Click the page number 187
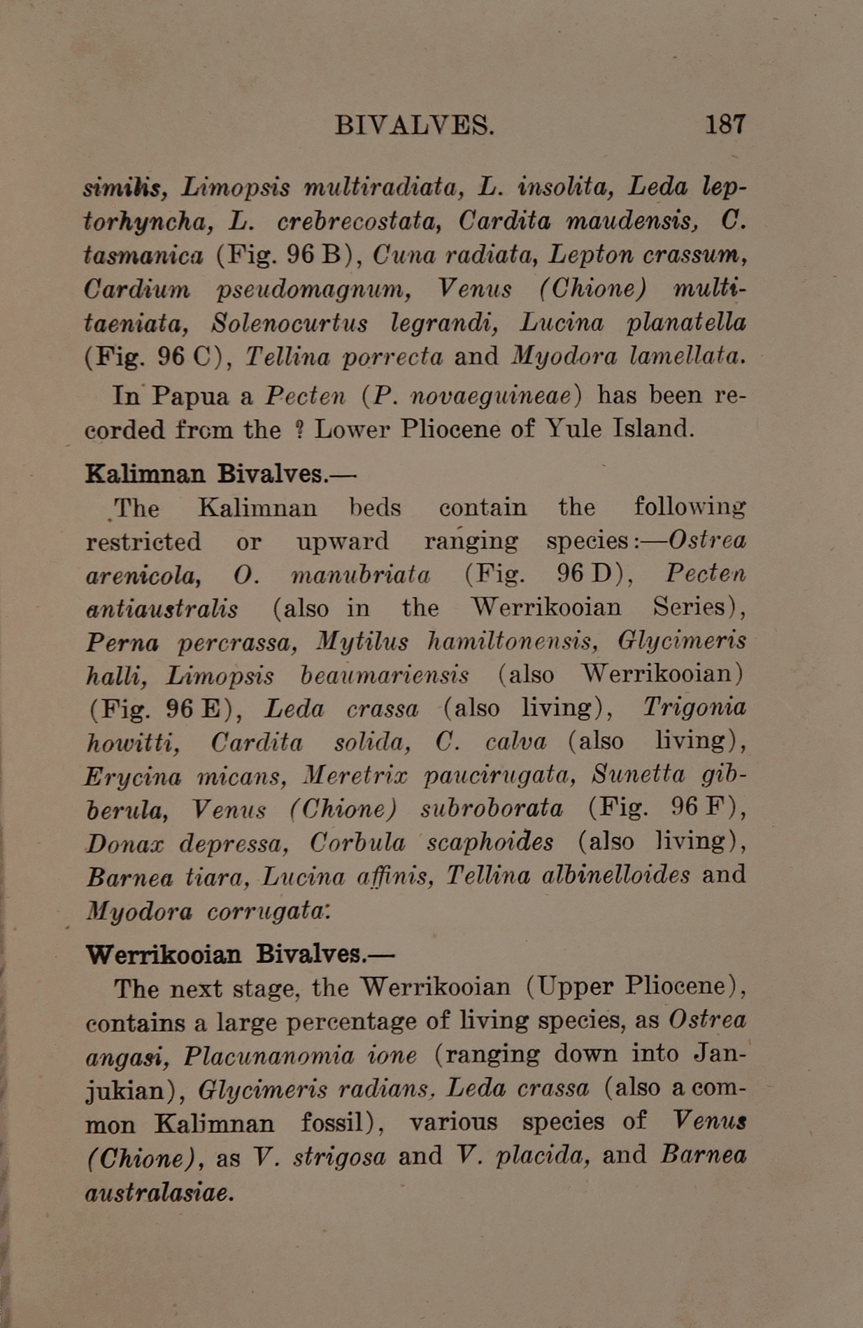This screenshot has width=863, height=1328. pyautogui.click(x=725, y=124)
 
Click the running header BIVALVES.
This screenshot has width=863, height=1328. pyautogui.click(x=414, y=125)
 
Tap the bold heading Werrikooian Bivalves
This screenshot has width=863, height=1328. pyautogui.click(x=240, y=953)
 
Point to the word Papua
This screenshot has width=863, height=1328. pyautogui.click(x=190, y=396)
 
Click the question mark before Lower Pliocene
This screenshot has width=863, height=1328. pyautogui.click(x=299, y=429)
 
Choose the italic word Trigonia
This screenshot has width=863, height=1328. pyautogui.click(x=694, y=707)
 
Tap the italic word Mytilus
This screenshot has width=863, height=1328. pyautogui.click(x=359, y=641)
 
